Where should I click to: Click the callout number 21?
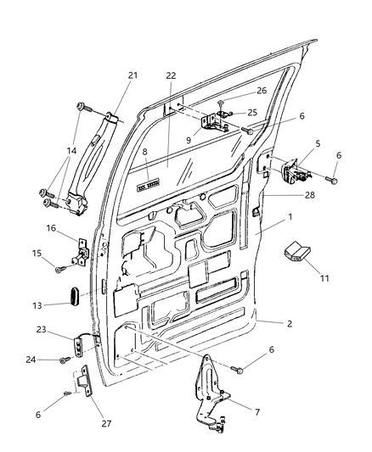tap(132, 75)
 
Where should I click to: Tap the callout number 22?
tap(171, 75)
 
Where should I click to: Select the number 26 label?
tap(238, 92)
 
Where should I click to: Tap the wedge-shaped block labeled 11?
tap(297, 251)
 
